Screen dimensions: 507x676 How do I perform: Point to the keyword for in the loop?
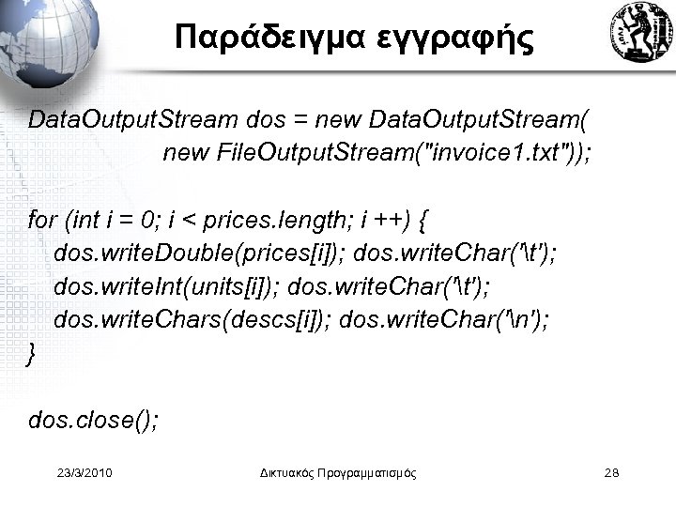42,222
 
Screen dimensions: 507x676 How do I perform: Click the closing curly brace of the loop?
34,353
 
